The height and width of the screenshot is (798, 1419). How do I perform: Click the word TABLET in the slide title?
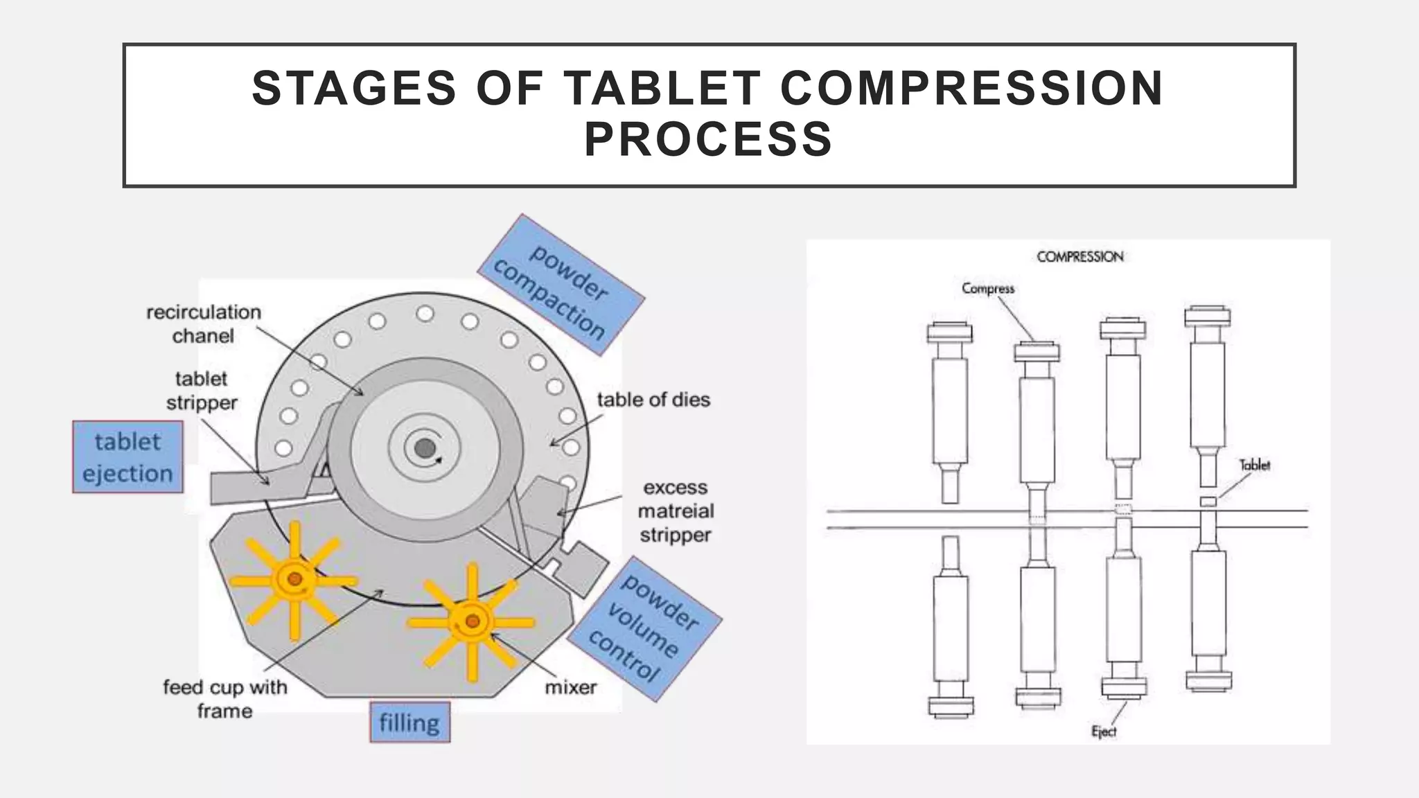click(x=662, y=89)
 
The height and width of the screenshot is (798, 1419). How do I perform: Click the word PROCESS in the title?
click(x=708, y=139)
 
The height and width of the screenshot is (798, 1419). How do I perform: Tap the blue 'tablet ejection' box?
click(x=127, y=457)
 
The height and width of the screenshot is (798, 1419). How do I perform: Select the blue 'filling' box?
click(x=409, y=722)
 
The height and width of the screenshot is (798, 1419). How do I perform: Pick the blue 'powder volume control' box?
click(x=644, y=628)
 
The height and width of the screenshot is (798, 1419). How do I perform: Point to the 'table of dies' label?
click(x=653, y=400)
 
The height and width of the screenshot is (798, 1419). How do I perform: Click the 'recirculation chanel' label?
click(x=204, y=323)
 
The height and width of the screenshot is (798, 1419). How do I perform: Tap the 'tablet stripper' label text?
click(x=202, y=391)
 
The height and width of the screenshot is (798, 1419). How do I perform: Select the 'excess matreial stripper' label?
click(x=676, y=511)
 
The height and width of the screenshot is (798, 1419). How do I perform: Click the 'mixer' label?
click(x=570, y=687)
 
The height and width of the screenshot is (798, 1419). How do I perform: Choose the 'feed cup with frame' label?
click(x=224, y=698)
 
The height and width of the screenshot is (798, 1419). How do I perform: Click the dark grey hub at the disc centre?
click(x=425, y=448)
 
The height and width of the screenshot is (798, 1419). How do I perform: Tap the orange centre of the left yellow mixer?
click(x=294, y=578)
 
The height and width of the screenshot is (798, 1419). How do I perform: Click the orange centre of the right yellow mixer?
click(x=472, y=621)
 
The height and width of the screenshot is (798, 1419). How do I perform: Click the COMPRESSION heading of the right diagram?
click(x=1079, y=257)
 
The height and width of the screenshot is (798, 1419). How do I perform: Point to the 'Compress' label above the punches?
click(x=987, y=288)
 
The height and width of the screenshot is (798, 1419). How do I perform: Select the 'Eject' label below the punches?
click(x=1103, y=731)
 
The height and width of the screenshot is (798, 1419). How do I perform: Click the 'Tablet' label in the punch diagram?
click(x=1254, y=465)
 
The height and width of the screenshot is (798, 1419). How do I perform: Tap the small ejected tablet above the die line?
click(x=1208, y=501)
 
